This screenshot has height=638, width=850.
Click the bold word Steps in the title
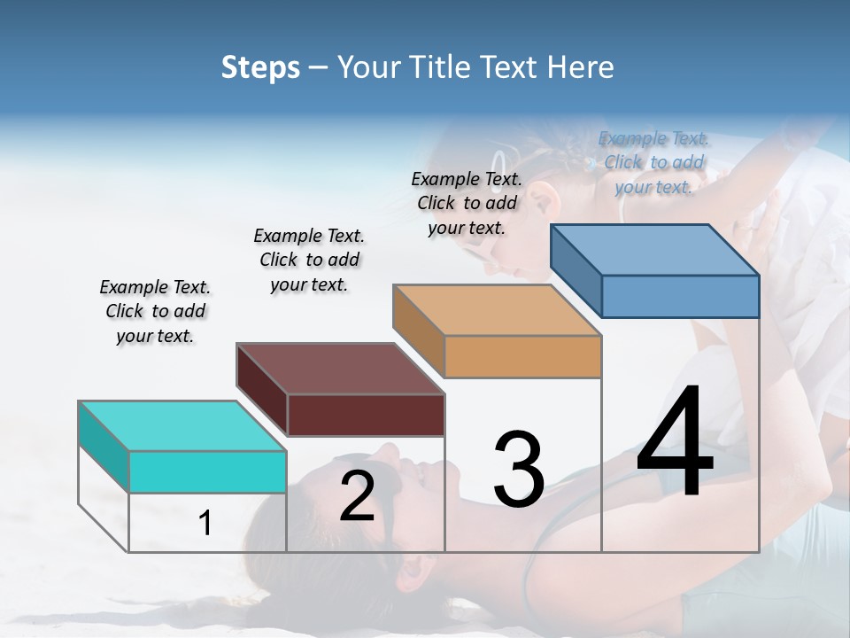pos(260,67)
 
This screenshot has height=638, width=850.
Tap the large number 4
pos(675,443)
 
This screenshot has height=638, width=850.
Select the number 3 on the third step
pos(519,470)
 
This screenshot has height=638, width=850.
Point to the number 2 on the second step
pos(357,496)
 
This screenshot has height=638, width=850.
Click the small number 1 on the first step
pos(205,524)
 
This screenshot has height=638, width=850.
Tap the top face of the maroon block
pos(340,369)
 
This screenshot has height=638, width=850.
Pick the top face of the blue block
pos(655,250)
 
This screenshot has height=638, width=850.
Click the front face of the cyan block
pos(207,471)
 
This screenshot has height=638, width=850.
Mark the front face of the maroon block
pos(366,415)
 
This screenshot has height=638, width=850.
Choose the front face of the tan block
pos(522,356)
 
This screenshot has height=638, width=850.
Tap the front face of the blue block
pos(680,296)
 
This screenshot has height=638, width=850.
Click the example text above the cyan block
pos(155,311)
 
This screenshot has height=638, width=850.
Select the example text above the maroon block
pos(309,260)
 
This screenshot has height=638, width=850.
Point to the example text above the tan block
pos(467,203)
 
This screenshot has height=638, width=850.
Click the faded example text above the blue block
pos(653,162)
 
